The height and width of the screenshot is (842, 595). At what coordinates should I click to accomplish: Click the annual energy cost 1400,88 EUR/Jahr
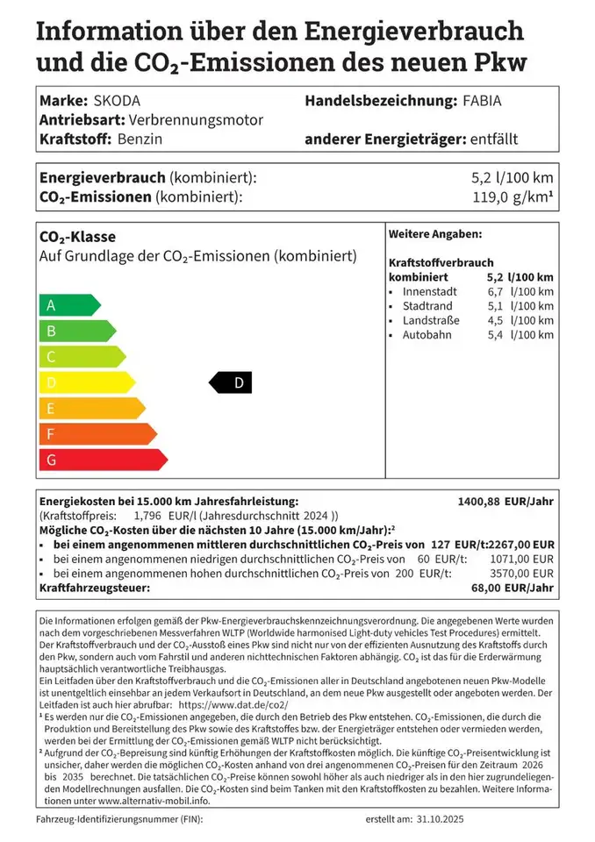505,502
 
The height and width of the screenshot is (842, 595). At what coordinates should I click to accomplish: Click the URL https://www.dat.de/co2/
233,704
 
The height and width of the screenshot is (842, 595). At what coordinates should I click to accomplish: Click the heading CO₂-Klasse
77,237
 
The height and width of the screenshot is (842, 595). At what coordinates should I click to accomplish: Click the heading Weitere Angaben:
434,234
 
